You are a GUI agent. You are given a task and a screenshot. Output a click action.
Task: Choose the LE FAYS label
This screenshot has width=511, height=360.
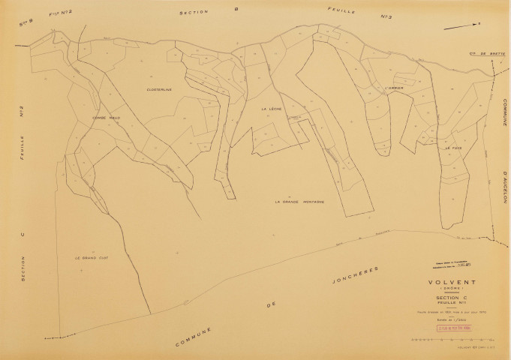coord(452,148)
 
